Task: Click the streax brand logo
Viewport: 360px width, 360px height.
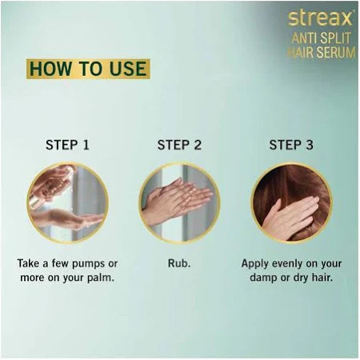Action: [x=321, y=18]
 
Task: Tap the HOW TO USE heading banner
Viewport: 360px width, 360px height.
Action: [x=88, y=69]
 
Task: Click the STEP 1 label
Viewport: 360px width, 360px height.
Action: [x=67, y=145]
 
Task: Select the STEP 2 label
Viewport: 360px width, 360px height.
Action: [x=179, y=145]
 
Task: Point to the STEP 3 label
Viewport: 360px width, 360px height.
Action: [x=291, y=145]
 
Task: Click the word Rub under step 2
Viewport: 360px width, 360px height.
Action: [x=179, y=263]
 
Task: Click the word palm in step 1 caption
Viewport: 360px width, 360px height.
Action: [x=101, y=278]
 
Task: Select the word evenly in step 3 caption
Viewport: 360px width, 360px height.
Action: [x=283, y=264]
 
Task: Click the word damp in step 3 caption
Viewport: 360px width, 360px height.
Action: [x=263, y=278]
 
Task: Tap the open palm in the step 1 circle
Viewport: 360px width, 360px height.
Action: [x=66, y=219]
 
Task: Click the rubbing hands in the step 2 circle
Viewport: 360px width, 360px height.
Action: [x=176, y=202]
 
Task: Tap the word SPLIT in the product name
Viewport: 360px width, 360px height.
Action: [x=335, y=38]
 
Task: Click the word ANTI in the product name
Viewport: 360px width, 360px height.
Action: [x=305, y=38]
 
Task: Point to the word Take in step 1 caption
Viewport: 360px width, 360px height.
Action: [x=28, y=263]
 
